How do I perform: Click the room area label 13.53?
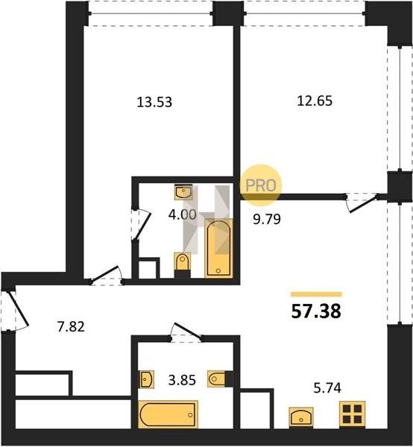click(x=154, y=102)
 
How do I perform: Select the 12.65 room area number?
click(x=315, y=101)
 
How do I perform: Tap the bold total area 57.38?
click(x=316, y=311)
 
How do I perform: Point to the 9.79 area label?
click(x=267, y=219)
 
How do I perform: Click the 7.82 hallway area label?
click(x=71, y=327)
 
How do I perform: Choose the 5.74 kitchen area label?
click(x=327, y=388)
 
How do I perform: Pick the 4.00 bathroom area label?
click(x=182, y=215)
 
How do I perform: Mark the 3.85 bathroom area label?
click(x=182, y=380)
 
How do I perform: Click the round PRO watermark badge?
click(x=261, y=186)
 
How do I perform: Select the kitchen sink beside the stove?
click(x=301, y=417)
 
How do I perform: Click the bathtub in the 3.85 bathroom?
click(x=168, y=414)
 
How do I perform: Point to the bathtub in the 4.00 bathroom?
click(x=218, y=247)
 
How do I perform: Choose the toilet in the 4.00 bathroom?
click(x=182, y=262)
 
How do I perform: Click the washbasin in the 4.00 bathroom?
click(x=183, y=192)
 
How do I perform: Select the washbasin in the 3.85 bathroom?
click(x=147, y=379)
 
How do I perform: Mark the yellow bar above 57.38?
click(x=316, y=294)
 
